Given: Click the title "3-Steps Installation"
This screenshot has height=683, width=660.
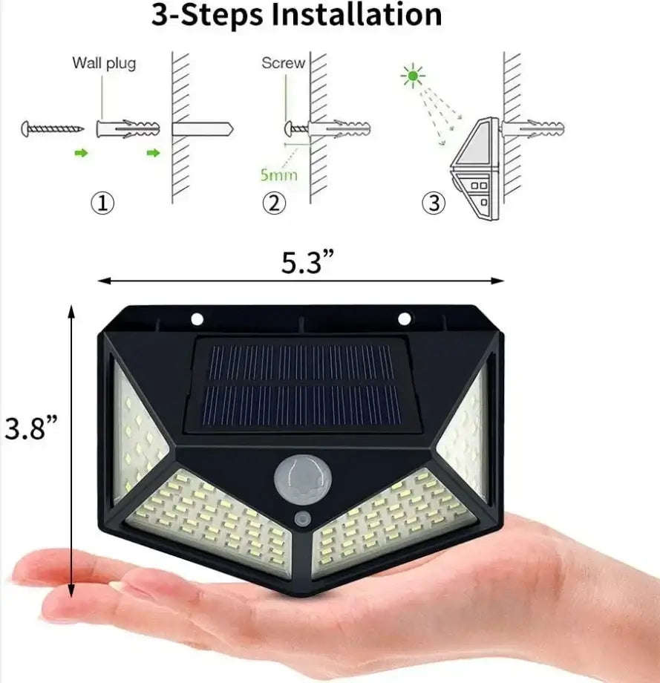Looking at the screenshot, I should pyautogui.click(x=297, y=15).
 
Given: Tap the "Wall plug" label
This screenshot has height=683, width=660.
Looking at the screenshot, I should pyautogui.click(x=104, y=63).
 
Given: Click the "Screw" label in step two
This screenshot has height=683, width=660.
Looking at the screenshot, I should pyautogui.click(x=283, y=63).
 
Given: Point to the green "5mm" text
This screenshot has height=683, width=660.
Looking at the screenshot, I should pyautogui.click(x=278, y=175).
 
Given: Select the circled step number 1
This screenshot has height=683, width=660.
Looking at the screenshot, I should pyautogui.click(x=102, y=203).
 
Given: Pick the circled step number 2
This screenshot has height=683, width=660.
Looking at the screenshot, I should pyautogui.click(x=274, y=203).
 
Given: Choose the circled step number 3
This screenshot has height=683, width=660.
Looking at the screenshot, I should pyautogui.click(x=434, y=203).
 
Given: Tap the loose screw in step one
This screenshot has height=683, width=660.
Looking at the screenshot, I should pyautogui.click(x=53, y=128).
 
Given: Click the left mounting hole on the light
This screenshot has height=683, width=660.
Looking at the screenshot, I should pyautogui.click(x=197, y=319).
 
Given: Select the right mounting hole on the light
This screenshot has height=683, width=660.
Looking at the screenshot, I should pyautogui.click(x=404, y=319).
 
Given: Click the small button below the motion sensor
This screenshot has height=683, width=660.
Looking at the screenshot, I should pyautogui.click(x=302, y=517).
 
